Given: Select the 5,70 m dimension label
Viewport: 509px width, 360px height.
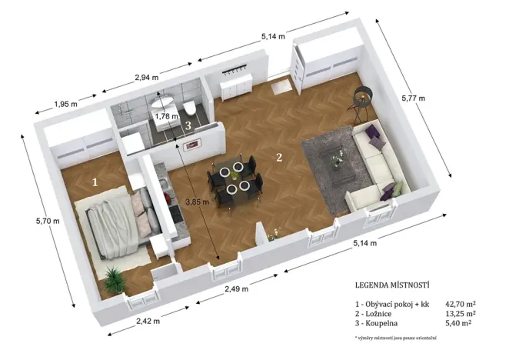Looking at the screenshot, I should tap(48, 221).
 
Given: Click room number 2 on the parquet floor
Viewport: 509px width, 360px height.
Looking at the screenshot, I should tap(279, 158).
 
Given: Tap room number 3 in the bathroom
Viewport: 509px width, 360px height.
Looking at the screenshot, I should tap(188, 125).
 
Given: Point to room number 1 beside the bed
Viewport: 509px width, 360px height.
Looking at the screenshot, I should tap(95, 182).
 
